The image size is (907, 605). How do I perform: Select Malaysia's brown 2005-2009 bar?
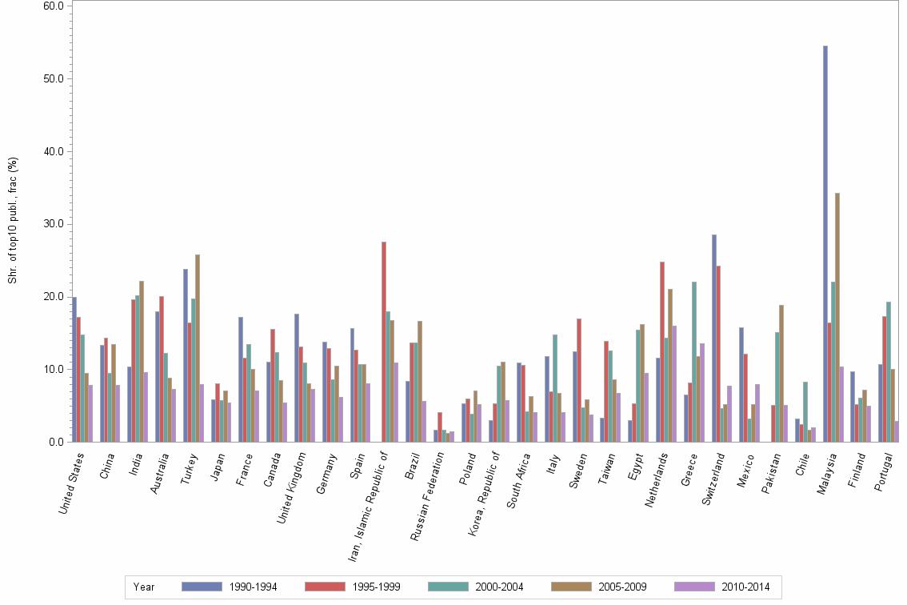coord(837,317)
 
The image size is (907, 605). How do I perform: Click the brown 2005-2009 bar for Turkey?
coord(198,348)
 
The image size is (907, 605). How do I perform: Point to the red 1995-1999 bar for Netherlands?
coord(662,351)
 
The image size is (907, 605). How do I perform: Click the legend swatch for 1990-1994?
coord(202,587)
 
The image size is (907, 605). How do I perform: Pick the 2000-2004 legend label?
coord(499,587)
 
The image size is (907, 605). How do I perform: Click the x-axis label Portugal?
coord(885,474)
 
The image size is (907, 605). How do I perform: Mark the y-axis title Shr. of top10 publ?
coord(12,220)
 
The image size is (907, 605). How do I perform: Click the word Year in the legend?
coord(144,587)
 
